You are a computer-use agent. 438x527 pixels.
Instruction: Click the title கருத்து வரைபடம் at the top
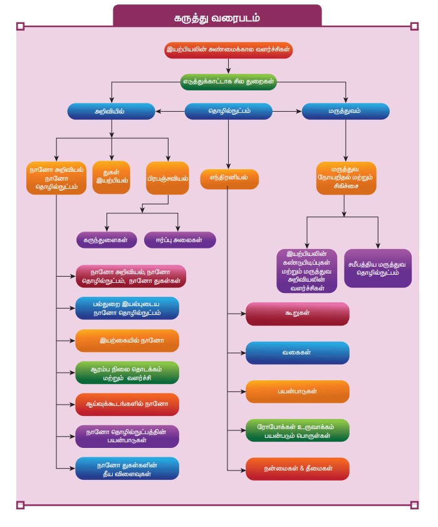coord(217,18)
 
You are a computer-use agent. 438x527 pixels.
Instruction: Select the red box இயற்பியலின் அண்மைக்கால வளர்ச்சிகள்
coord(228,50)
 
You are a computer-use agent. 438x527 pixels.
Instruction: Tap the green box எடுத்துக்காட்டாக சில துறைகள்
coord(229,81)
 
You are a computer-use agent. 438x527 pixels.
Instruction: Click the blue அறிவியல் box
coord(112,111)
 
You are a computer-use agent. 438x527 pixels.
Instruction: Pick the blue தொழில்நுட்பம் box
coord(228,111)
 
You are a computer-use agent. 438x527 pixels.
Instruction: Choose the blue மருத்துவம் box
coord(345,111)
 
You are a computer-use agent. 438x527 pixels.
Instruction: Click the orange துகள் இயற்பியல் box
coord(111,177)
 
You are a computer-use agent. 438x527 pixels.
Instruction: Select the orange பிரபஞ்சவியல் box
coord(169,178)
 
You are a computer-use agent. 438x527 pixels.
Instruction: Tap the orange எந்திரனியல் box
coord(229,178)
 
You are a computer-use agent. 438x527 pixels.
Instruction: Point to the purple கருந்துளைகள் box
coord(106,240)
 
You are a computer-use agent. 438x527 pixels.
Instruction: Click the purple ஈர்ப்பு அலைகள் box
coord(180,240)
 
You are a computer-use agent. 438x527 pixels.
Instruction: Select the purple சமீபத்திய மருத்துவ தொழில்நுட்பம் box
coord(378,269)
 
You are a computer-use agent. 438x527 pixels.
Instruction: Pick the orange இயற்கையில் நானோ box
coord(127,341)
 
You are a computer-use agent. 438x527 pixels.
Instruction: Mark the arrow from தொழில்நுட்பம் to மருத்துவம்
coord(287,111)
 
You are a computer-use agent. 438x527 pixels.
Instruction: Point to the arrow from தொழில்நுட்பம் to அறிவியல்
coord(170,111)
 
